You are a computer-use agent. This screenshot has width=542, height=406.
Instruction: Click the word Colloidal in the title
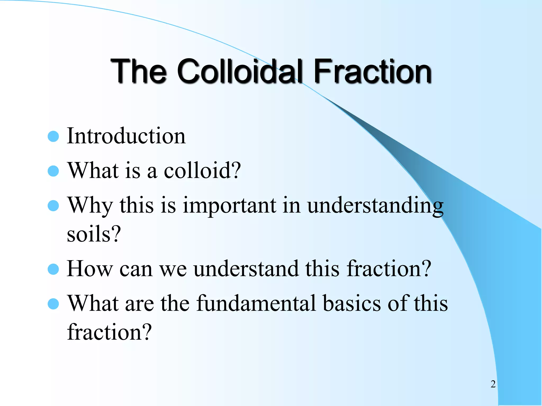(240, 71)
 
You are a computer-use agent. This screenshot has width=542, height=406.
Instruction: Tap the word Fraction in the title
(373, 71)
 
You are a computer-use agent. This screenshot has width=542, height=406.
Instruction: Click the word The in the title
(138, 71)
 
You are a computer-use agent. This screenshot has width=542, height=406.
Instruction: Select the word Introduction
(126, 136)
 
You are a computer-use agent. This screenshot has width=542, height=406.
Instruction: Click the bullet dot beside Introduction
(53, 136)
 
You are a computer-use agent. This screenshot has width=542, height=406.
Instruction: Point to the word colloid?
(202, 170)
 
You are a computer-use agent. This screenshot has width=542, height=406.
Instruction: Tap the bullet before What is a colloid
(53, 171)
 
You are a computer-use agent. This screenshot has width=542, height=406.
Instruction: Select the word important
(230, 206)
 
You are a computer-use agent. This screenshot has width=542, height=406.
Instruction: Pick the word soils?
(94, 234)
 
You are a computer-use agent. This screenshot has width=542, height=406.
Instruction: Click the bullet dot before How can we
(53, 269)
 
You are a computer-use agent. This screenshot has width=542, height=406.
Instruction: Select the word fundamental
(256, 303)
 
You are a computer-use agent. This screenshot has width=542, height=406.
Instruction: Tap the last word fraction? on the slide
(109, 332)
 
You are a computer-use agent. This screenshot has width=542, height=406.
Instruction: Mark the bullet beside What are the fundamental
(53, 304)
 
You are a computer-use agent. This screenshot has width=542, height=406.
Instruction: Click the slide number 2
(493, 384)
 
